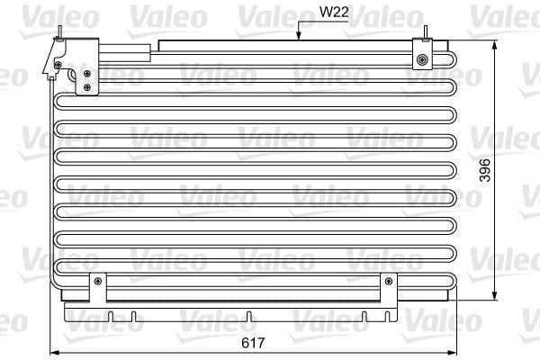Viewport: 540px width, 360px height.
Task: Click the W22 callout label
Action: pos(334,12)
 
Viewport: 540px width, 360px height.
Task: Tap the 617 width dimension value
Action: pos(254,342)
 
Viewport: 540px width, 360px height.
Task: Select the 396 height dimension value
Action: pos(485,170)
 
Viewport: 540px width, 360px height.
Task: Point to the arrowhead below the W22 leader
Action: pos(299,36)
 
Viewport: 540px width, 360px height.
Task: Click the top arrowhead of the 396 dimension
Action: pos(495,46)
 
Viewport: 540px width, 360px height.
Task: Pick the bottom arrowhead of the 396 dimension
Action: pos(495,295)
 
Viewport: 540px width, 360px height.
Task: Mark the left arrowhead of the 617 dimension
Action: pos(55,353)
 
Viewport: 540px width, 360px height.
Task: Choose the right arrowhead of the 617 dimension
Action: pos(452,353)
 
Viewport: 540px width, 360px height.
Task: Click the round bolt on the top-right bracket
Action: pos(422,60)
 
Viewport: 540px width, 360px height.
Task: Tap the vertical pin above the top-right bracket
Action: pos(426,33)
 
